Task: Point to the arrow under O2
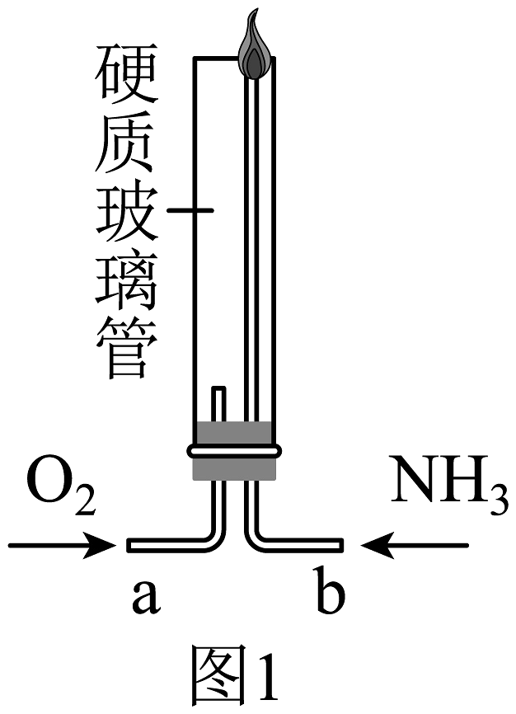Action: (x=62, y=545)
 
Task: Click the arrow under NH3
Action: (x=416, y=545)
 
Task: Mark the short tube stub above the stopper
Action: (x=218, y=404)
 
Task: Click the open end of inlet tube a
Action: (x=130, y=545)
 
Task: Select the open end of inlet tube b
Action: (x=340, y=545)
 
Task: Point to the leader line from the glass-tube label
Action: (x=190, y=211)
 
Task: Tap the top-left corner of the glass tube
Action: (x=195, y=58)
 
